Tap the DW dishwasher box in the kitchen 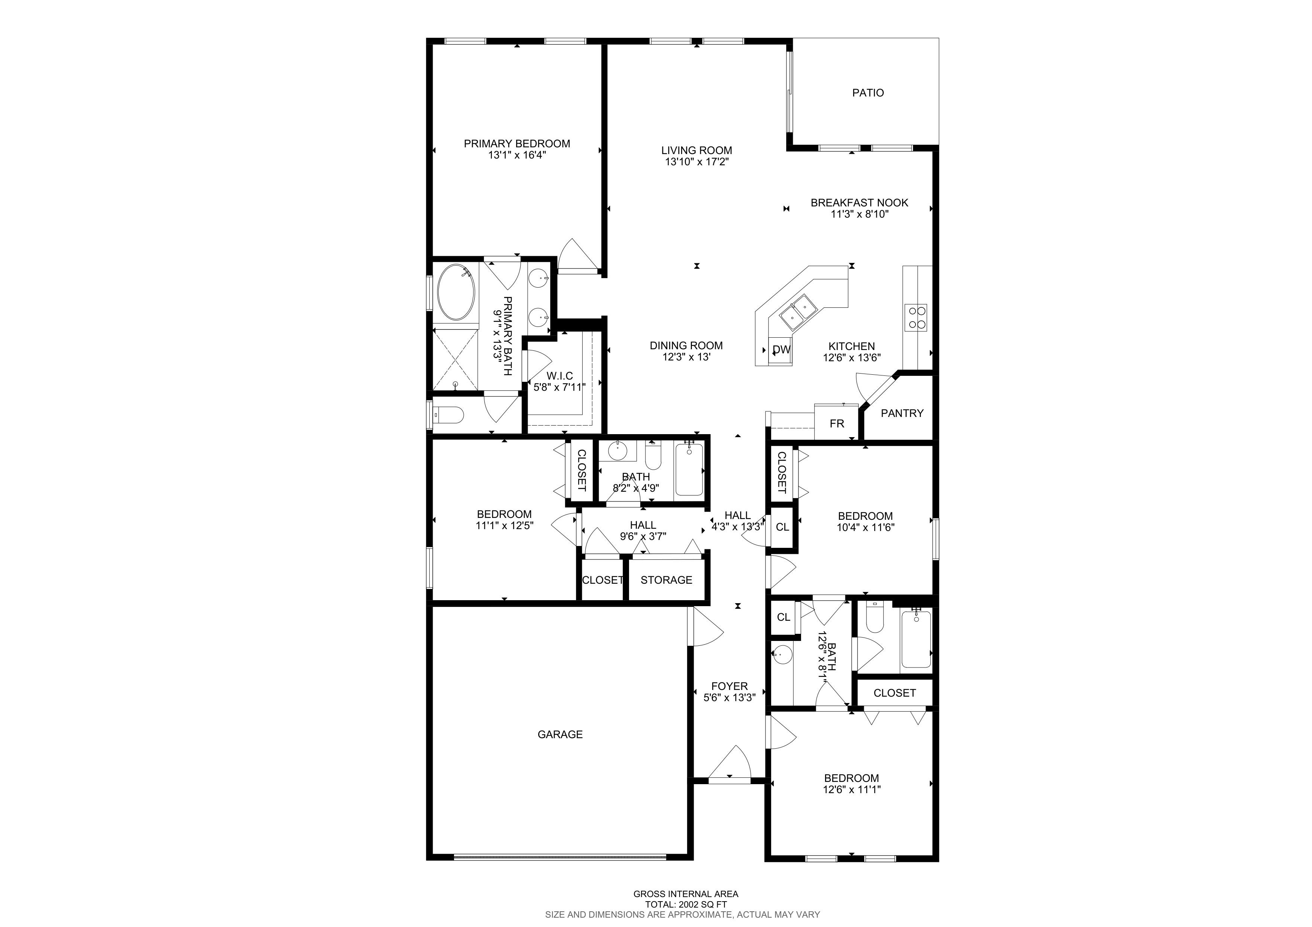[x=781, y=349]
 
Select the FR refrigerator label [x=837, y=424]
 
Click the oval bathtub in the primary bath [x=456, y=292]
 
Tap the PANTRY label [x=902, y=413]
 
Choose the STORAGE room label [x=666, y=580]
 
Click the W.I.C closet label [x=560, y=376]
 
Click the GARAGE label [x=560, y=734]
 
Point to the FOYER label [x=729, y=686]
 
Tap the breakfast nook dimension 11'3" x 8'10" [x=859, y=214]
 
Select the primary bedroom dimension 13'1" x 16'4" [x=517, y=155]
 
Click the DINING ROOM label [x=686, y=346]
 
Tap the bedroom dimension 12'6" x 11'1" [x=852, y=790]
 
